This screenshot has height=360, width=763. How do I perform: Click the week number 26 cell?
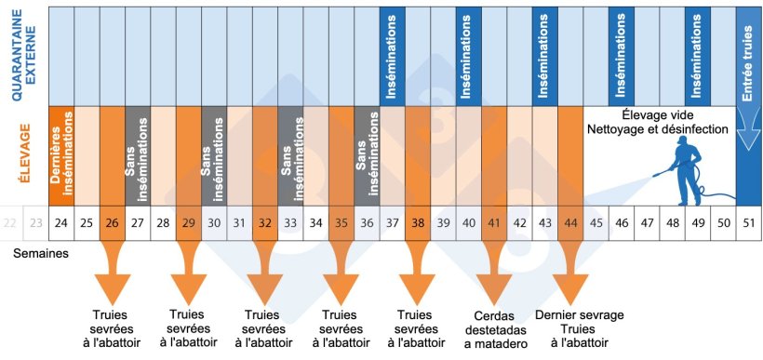111,223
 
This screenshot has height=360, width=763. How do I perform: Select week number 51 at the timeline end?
747,223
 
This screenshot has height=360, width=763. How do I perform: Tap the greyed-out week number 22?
10,223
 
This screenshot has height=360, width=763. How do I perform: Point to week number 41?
493,223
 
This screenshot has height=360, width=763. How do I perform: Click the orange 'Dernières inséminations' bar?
61,154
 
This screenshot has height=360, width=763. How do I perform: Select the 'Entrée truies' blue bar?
747,56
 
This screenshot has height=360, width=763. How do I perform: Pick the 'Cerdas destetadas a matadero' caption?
493,329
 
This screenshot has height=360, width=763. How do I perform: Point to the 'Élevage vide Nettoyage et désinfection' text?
657,122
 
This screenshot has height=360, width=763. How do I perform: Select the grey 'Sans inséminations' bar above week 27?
137,154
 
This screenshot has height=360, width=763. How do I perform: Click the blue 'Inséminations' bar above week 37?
392,56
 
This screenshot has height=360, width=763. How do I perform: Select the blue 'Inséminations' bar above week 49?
697,56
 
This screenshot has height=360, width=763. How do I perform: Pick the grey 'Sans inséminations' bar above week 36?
366,154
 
